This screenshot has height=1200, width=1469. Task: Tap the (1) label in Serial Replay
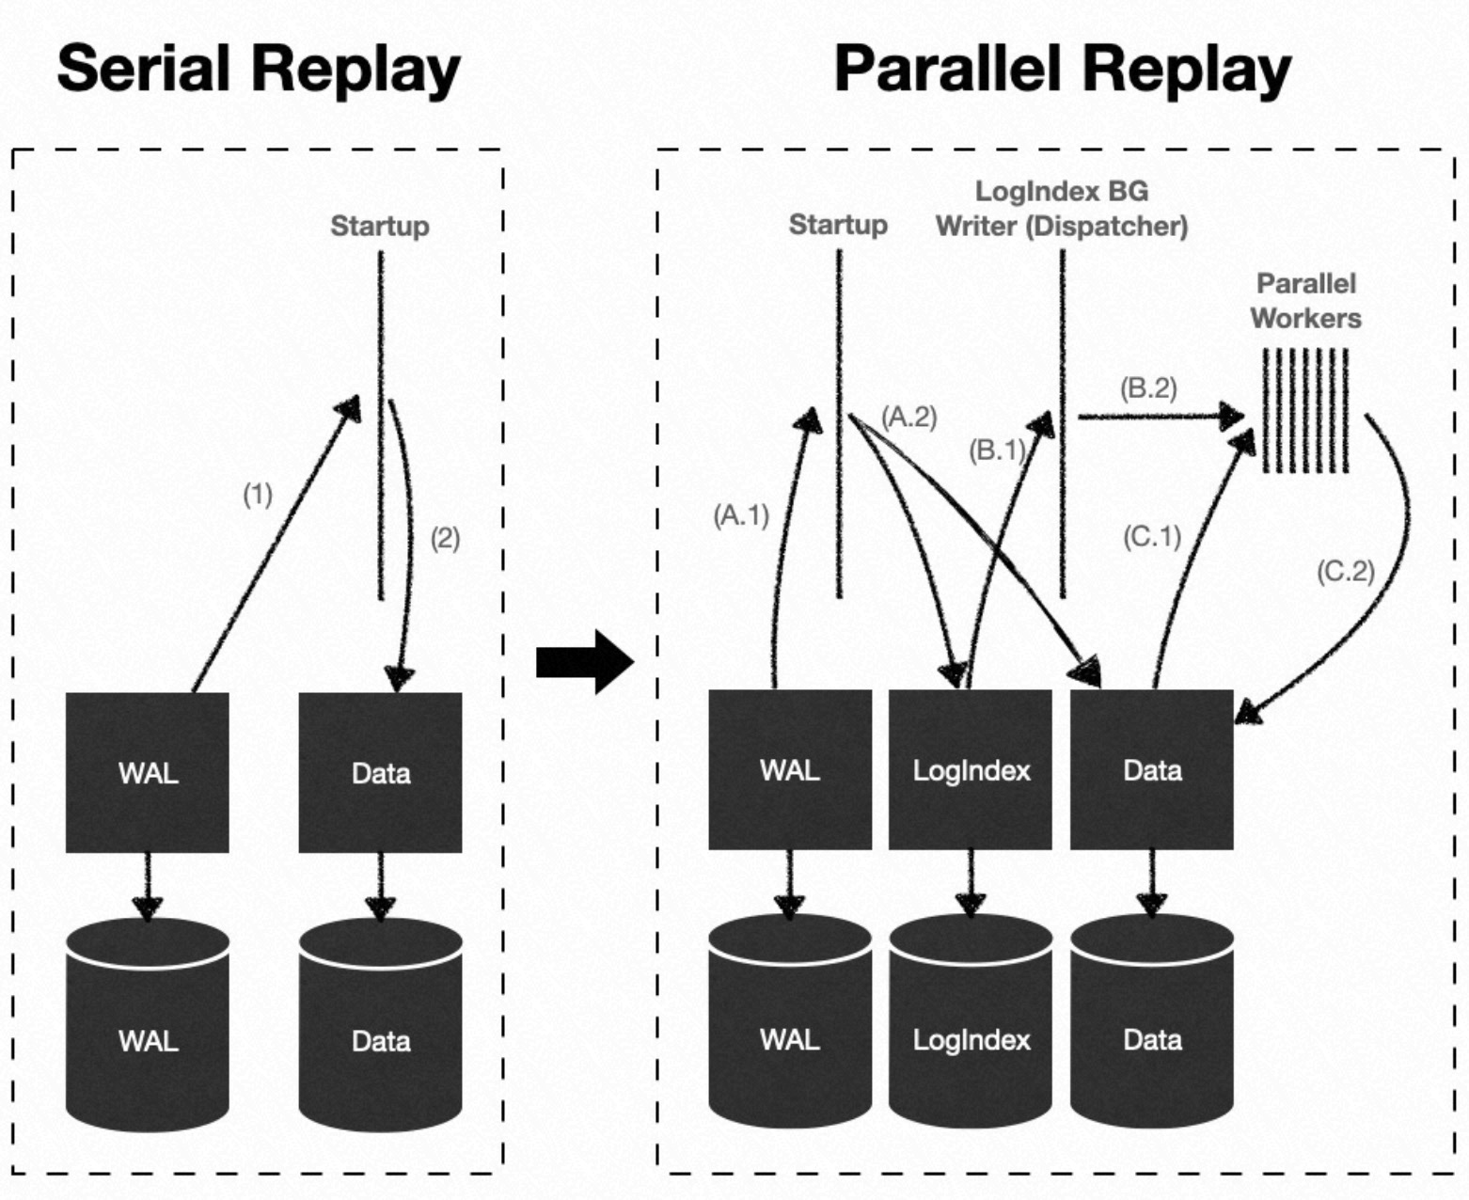[x=258, y=495]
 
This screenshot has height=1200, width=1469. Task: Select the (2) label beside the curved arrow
[x=445, y=539]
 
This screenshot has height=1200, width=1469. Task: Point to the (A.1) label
[x=741, y=515]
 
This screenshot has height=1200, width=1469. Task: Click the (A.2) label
[x=909, y=417]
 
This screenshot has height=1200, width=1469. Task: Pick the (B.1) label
[x=997, y=450]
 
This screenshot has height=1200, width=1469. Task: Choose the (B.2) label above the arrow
[x=1148, y=387]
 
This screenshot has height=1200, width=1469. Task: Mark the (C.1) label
[x=1152, y=536]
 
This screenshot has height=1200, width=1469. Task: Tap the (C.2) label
[x=1346, y=571]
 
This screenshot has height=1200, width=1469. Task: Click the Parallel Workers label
[x=1305, y=301]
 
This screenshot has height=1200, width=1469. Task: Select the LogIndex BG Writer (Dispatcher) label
[x=1062, y=209]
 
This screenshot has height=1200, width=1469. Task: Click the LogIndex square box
[x=971, y=770]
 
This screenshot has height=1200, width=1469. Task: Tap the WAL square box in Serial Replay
[x=148, y=773]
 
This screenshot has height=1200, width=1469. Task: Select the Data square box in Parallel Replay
[x=1152, y=770]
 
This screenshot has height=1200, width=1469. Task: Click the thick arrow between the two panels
[x=584, y=662]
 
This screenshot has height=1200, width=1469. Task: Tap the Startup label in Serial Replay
[x=380, y=226]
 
